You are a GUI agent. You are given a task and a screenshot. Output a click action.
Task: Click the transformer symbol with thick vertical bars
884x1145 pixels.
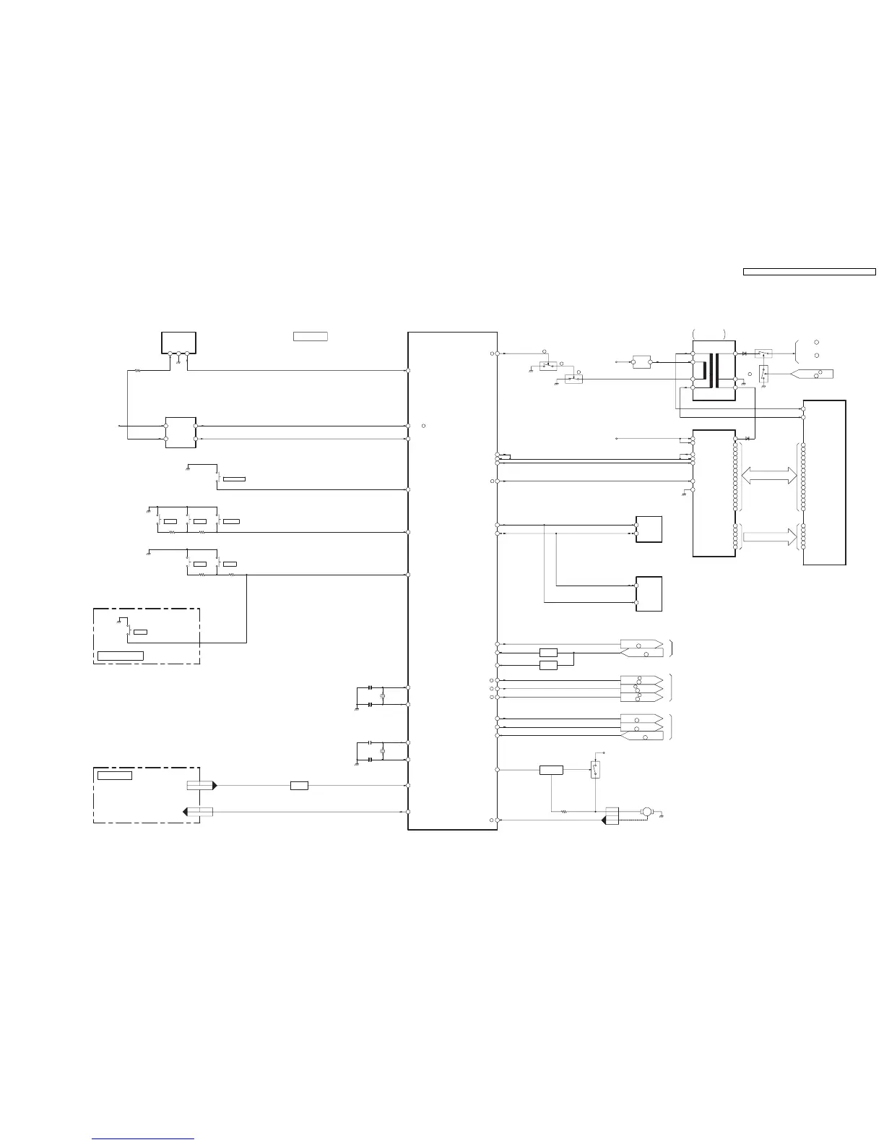tap(714, 369)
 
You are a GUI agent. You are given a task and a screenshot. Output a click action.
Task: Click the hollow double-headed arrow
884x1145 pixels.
tap(770, 475)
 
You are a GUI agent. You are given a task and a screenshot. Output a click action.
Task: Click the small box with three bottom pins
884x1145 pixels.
tap(178, 343)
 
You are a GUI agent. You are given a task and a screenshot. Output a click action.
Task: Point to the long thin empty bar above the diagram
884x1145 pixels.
tap(809, 272)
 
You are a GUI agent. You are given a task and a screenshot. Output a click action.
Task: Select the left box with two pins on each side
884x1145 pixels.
tap(181, 432)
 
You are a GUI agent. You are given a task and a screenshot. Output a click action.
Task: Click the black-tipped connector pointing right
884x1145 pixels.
tap(201, 785)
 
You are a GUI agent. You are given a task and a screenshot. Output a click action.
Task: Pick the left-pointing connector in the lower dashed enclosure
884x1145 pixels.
tap(199, 812)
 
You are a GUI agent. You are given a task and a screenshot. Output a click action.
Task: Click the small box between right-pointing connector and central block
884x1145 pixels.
tap(299, 785)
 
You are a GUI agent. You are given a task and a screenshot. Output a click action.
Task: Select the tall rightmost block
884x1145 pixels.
tap(824, 481)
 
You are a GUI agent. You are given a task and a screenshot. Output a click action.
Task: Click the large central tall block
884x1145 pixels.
tap(452, 580)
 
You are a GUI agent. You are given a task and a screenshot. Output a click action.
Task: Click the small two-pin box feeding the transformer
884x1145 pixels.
tap(641, 361)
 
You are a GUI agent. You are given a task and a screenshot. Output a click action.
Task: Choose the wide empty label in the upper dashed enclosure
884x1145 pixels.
tap(121, 656)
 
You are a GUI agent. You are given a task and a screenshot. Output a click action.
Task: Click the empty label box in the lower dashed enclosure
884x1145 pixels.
tap(115, 776)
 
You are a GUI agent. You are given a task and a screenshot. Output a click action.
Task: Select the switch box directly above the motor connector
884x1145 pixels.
tap(595, 770)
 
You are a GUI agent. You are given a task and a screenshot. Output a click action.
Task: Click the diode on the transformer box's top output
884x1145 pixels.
tap(744, 353)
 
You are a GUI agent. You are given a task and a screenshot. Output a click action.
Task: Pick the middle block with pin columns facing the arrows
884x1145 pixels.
tap(714, 493)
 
